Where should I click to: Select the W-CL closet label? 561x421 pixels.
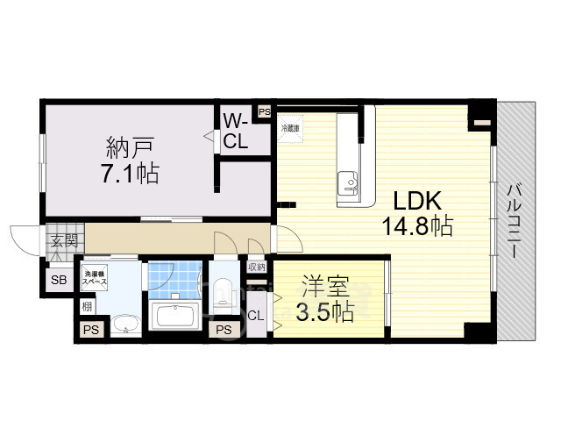234,132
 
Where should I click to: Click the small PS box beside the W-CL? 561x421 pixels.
263,111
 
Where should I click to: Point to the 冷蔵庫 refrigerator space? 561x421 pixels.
290,129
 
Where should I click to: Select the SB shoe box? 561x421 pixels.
58,280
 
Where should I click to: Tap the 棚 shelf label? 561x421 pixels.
87,306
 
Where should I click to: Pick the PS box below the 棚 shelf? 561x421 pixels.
89,330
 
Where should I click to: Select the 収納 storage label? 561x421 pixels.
256,267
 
